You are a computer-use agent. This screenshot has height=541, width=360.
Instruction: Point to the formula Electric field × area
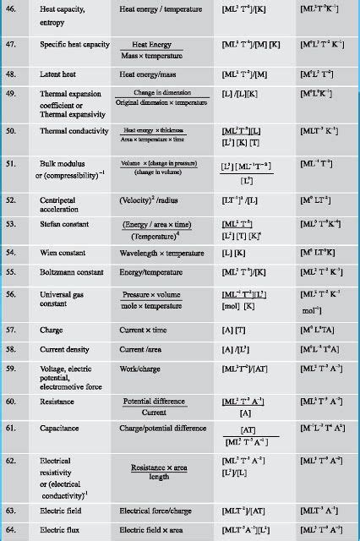tap(155, 530)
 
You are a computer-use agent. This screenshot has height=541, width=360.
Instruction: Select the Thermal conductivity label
tap(74, 131)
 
